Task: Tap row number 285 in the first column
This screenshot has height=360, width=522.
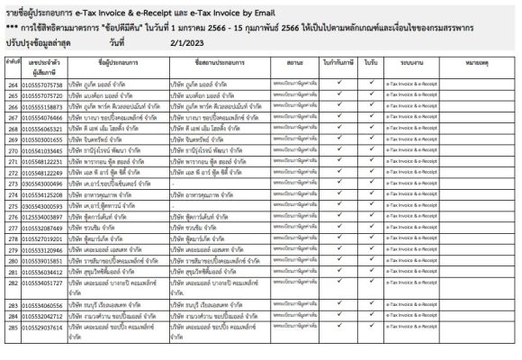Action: [13, 328]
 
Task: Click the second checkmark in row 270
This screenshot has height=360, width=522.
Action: [371, 151]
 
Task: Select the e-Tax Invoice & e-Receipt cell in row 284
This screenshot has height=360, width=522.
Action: [413, 317]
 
